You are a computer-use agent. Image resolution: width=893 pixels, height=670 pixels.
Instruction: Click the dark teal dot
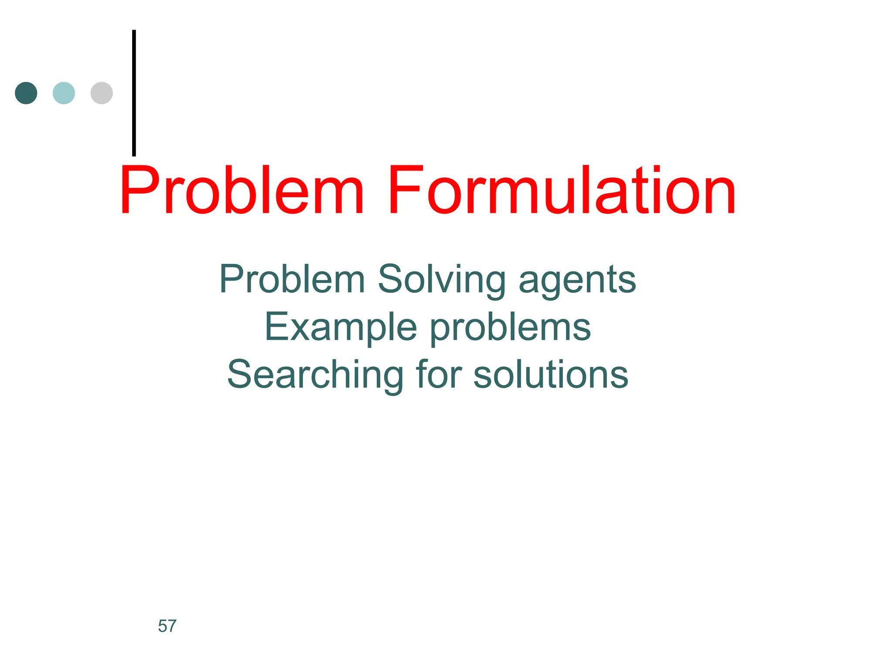click(x=26, y=93)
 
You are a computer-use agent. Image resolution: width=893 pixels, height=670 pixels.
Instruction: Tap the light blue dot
click(x=64, y=93)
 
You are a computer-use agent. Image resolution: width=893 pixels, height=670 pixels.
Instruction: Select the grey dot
click(x=102, y=93)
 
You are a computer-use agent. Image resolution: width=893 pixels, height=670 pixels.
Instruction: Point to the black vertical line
click(x=134, y=92)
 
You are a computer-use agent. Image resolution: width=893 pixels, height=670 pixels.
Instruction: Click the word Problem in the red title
click(x=242, y=191)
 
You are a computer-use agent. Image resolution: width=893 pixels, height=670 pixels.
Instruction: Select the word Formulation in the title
click(x=562, y=191)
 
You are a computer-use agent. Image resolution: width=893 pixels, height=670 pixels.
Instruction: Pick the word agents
click(x=577, y=281)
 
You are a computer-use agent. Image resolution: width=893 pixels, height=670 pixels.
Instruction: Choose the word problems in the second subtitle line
click(x=510, y=328)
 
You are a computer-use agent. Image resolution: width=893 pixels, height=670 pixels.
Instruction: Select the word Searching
click(x=315, y=375)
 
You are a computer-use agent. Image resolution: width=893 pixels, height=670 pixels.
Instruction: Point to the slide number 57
click(x=167, y=626)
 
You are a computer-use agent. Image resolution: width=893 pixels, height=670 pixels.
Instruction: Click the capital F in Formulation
click(x=405, y=190)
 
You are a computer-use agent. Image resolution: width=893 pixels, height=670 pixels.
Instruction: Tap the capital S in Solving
click(x=391, y=279)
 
